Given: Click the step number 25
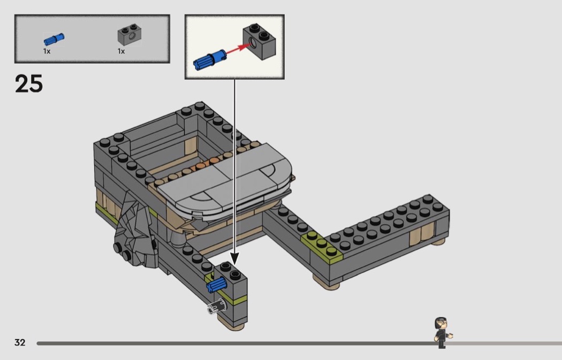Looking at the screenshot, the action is point(29,84).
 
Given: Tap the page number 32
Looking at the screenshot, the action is point(20,342).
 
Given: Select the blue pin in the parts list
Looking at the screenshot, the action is point(54,39).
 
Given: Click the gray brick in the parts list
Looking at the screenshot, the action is point(130,34).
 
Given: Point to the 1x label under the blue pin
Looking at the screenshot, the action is point(47,51).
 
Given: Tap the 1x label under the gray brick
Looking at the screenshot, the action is point(121,51).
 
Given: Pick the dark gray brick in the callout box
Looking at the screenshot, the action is point(260,42).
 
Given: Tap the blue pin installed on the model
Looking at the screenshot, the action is point(216,285).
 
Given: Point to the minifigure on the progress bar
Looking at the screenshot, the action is point(443,332).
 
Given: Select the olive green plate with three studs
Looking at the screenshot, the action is point(322,245).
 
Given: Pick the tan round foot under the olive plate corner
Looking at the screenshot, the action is point(326,282).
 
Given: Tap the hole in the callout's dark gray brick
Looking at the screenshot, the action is point(253,43).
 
